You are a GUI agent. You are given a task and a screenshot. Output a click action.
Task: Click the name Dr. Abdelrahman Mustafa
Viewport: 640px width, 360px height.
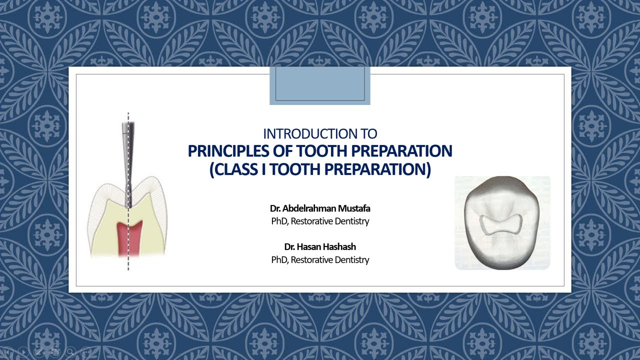click(320, 208)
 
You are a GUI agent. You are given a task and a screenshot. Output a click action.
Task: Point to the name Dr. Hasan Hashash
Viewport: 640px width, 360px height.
click(320, 247)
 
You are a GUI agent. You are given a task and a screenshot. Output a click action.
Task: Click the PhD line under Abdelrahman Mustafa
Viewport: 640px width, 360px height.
click(320, 221)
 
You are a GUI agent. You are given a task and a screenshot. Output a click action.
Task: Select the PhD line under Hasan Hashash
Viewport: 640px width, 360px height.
click(320, 259)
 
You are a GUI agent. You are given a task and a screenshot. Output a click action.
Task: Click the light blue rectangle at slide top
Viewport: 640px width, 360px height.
click(320, 86)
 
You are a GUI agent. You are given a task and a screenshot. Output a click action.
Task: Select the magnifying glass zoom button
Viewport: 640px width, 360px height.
click(70, 352)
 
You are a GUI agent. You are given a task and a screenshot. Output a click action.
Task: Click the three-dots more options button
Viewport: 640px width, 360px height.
click(86, 352)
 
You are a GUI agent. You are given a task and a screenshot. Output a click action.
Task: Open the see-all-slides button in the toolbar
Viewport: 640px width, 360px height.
click(55, 352)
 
